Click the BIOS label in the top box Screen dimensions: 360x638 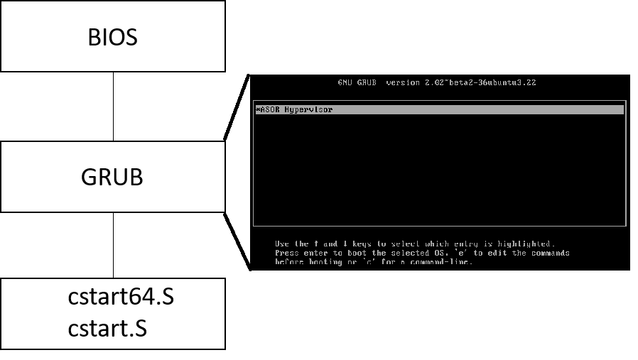tap(112, 37)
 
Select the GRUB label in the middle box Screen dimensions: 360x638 tap(112, 176)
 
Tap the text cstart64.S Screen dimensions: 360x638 tap(121, 298)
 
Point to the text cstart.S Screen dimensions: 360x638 tap(107, 329)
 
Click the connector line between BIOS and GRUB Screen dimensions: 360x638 tap(113, 107)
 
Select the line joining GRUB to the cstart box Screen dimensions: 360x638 tap(113, 245)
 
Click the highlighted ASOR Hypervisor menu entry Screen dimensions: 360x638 tap(438, 110)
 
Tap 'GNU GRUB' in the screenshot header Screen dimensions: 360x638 tap(359, 83)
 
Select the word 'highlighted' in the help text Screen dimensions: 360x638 tap(527, 244)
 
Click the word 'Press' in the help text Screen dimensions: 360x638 tap(287, 253)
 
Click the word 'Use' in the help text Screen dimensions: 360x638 tap(282, 244)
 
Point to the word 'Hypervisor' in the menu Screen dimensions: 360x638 tap(309, 110)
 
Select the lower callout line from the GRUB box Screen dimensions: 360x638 tap(237, 240)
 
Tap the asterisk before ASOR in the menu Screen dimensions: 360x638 tap(257, 110)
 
